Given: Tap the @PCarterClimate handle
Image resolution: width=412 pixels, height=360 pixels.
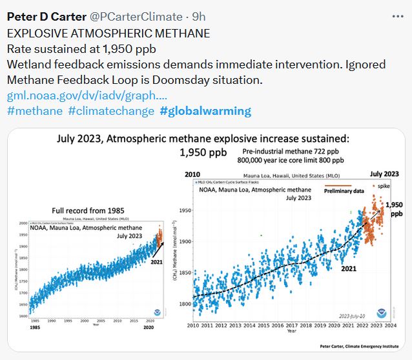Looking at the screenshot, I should point(135,17).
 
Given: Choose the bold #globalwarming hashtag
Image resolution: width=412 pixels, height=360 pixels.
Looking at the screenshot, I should point(205,111).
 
